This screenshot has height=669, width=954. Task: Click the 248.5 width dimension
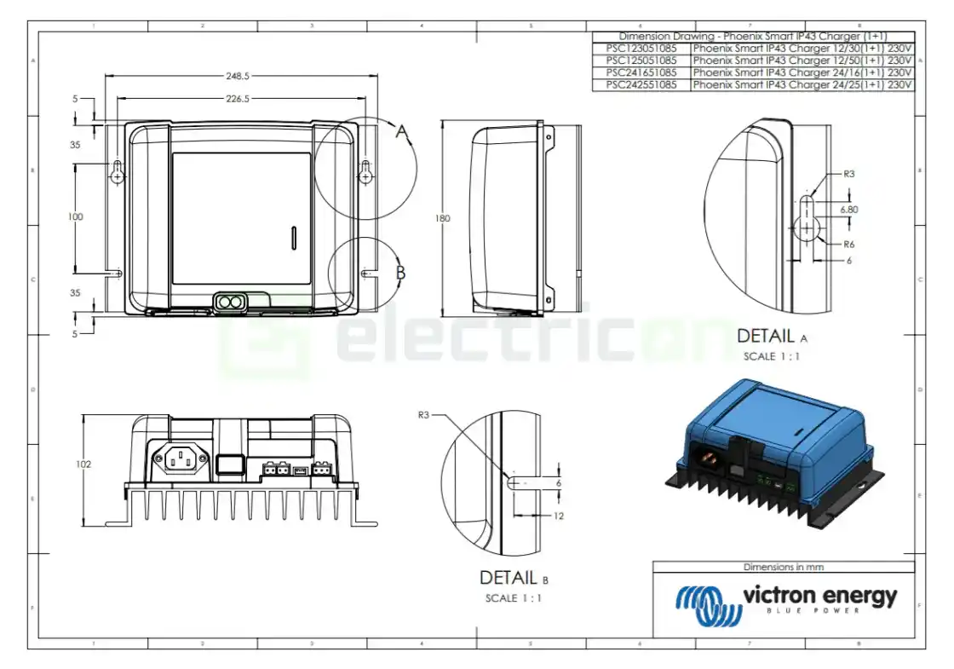[238, 76]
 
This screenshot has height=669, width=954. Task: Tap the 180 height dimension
[442, 218]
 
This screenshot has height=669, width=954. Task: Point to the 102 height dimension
[83, 465]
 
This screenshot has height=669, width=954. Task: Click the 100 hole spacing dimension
[76, 217]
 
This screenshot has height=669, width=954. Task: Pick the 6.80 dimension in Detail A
[848, 209]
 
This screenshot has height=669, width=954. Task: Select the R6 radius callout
[848, 245]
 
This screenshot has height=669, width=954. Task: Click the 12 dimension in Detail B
[558, 516]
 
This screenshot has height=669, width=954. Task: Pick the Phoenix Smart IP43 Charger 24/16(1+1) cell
[802, 73]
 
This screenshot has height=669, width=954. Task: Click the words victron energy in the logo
[819, 596]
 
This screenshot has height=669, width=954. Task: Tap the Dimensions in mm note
[783, 567]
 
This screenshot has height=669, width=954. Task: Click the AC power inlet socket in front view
[181, 461]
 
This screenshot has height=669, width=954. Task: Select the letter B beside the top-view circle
[401, 274]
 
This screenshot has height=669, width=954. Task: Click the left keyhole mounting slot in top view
[118, 171]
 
